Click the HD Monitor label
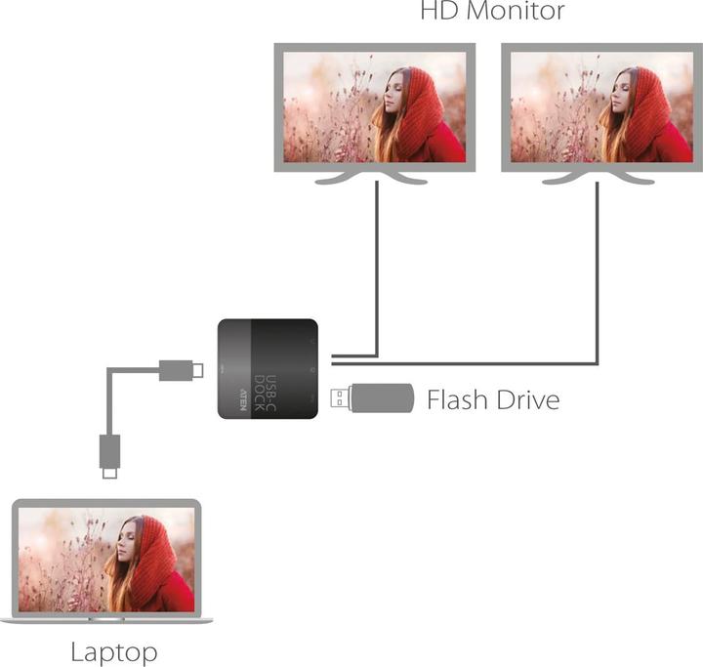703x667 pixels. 492,12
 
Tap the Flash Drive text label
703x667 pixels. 493,399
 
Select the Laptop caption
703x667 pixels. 114,651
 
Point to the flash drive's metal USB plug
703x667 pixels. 338,398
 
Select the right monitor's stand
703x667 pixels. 596,178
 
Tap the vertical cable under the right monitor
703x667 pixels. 598,273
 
